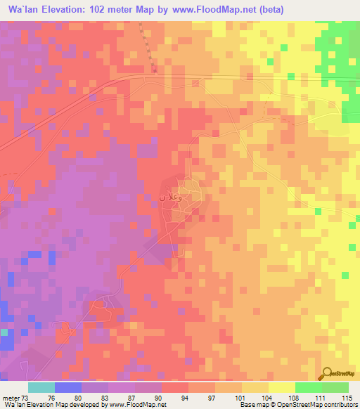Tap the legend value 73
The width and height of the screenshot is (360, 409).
click(26, 397)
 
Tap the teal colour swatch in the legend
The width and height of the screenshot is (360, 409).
click(41, 387)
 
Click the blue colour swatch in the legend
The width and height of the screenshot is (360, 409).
click(67, 387)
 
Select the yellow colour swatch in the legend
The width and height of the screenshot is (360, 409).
click(281, 387)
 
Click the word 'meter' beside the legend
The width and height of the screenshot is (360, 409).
click(11, 397)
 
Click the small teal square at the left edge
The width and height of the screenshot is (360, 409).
click(4, 331)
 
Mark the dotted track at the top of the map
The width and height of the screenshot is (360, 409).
click(146, 46)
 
